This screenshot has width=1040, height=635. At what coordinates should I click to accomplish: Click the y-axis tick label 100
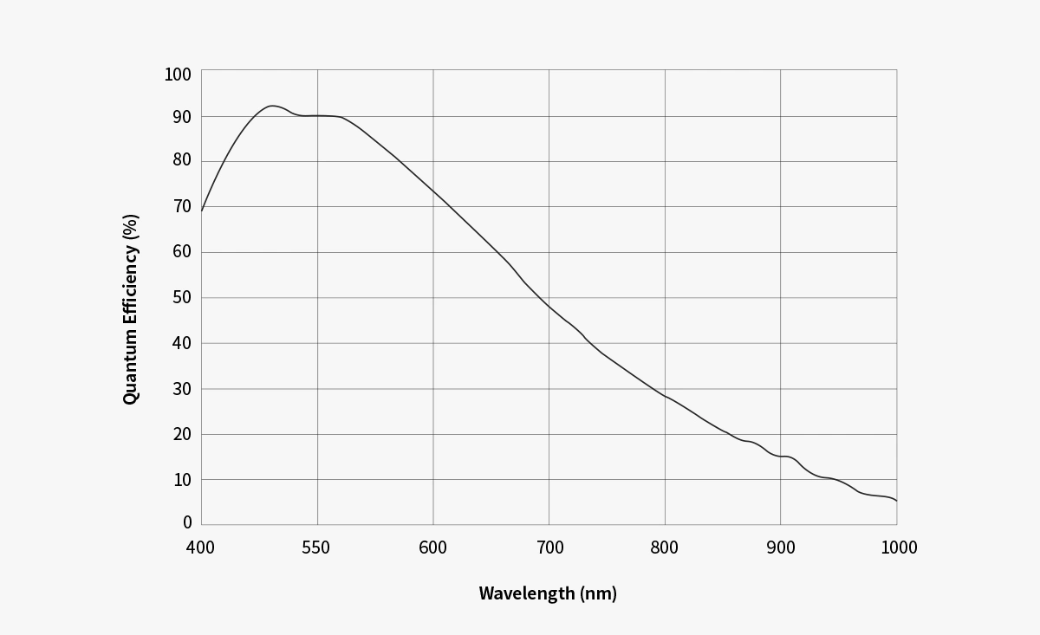coord(178,75)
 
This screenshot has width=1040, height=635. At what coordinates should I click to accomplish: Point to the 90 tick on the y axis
coord(181,116)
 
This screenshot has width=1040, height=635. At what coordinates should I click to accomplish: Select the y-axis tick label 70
coord(181,207)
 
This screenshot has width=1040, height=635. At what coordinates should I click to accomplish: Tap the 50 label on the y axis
coord(181,298)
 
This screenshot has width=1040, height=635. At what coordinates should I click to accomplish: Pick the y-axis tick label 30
coord(181,389)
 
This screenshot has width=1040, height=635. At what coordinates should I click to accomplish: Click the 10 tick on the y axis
coord(181,480)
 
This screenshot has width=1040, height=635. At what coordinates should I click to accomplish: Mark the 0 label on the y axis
coord(186,523)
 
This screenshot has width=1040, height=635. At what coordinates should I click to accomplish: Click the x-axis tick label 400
coord(201,548)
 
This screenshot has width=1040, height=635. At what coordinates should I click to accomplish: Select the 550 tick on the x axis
coord(317,548)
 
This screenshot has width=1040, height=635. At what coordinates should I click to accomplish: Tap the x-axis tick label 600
coord(433,548)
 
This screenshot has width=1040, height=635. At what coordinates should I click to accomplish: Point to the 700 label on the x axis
coord(549,548)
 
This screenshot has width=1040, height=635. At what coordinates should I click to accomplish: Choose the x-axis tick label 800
coord(665,548)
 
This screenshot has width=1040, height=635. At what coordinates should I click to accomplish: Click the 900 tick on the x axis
coord(781,548)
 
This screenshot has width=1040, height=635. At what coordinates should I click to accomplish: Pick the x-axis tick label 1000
coord(898,548)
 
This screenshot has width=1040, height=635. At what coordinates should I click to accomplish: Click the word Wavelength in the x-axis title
coord(527,593)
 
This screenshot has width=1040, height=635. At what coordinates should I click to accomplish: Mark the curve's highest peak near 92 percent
coord(271,106)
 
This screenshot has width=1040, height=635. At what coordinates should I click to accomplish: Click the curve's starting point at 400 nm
coord(202,211)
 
